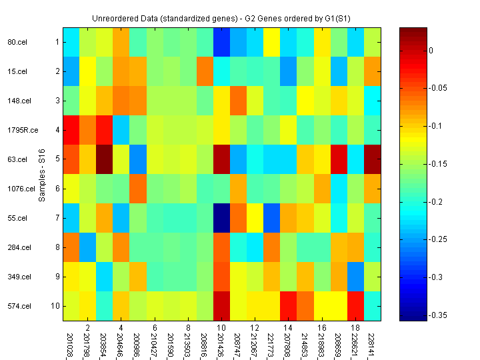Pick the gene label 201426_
[x=222, y=344]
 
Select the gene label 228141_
[x=373, y=344]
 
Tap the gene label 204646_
[x=121, y=344]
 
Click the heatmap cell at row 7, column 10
[x=222, y=218]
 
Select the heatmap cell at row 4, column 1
[x=71, y=130]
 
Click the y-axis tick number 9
[x=57, y=276]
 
